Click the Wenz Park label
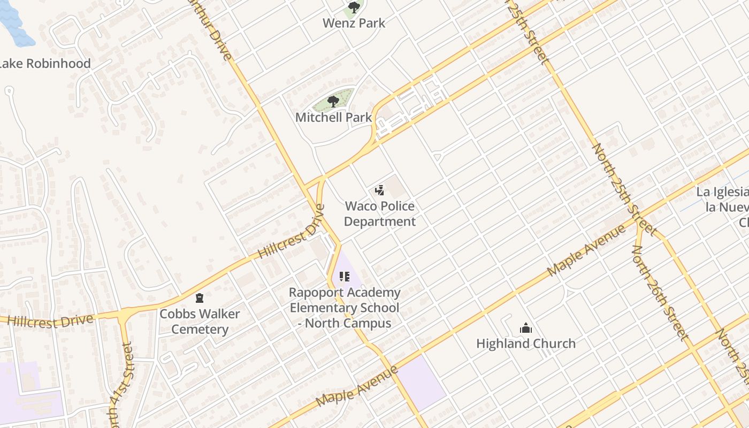click(x=354, y=23)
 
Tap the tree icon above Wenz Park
click(x=354, y=7)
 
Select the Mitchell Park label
click(x=333, y=117)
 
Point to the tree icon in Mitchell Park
click(x=333, y=101)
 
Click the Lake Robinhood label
click(x=44, y=63)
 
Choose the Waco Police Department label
click(x=379, y=213)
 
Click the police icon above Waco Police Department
click(x=379, y=190)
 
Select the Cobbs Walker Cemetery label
click(x=200, y=321)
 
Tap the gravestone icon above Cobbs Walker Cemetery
click(x=200, y=297)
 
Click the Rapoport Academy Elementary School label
click(x=344, y=308)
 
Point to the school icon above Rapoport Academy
click(x=344, y=277)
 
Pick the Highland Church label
click(x=526, y=343)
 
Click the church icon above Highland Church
click(x=526, y=328)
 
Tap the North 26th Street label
click(x=659, y=292)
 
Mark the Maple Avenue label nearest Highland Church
click(x=586, y=251)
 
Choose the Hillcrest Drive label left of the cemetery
click(x=51, y=320)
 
